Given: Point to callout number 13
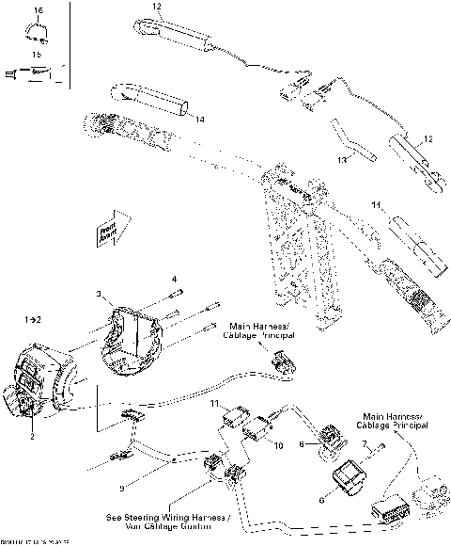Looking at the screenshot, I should coord(343,160).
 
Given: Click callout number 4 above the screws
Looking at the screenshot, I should coord(174,279).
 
